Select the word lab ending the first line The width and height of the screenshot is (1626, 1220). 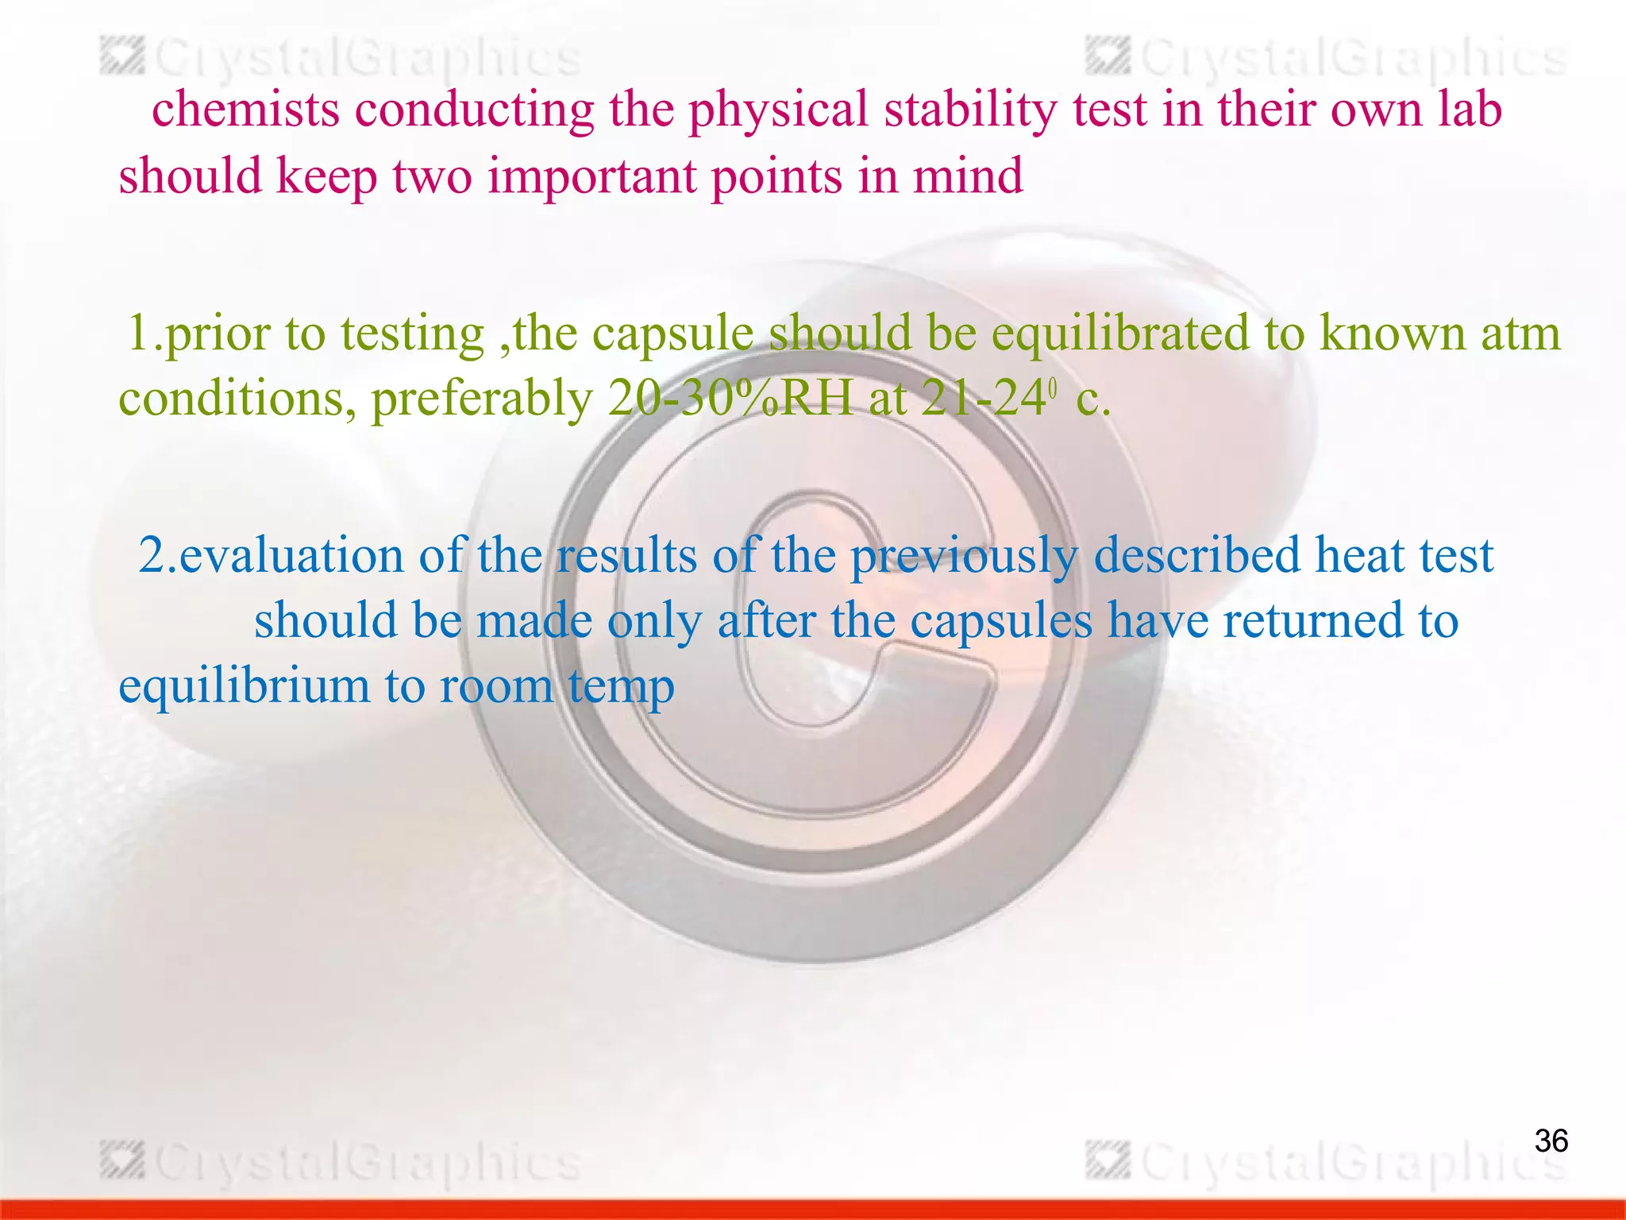point(1470,109)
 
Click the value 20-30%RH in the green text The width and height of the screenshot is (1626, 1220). point(730,398)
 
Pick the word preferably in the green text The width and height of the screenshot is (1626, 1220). point(482,398)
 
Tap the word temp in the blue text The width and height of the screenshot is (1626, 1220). point(621,686)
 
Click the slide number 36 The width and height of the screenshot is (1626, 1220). point(1551,1141)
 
